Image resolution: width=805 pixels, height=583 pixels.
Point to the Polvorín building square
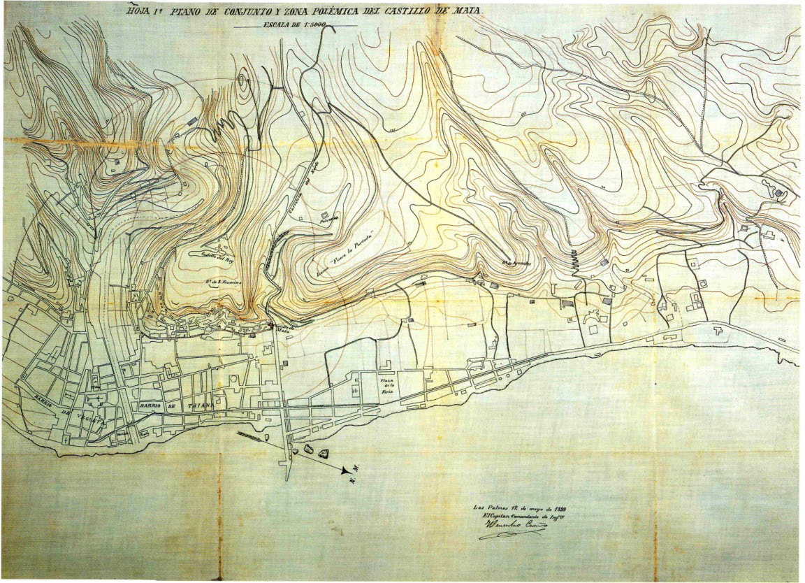tap(325, 214)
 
